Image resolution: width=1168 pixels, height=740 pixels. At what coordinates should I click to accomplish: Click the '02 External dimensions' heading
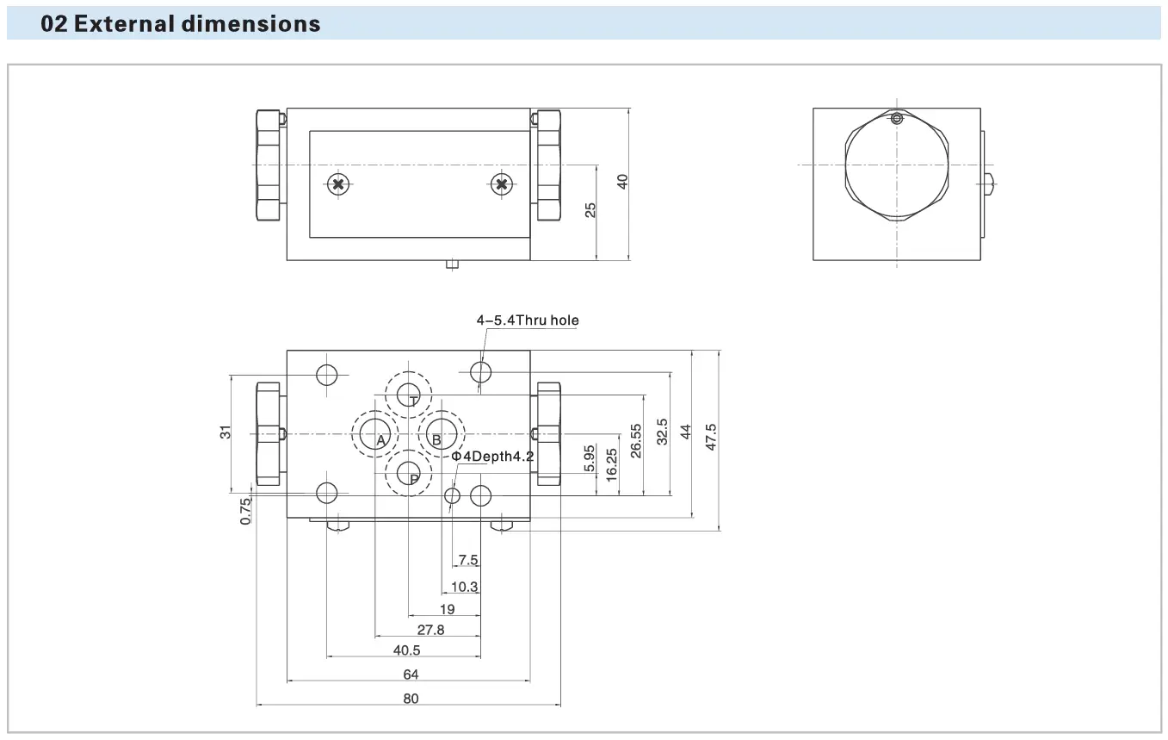pos(181,24)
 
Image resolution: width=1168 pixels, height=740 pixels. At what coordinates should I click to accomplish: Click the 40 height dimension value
pos(623,182)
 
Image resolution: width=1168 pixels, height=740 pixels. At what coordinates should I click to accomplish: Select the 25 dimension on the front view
pos(591,209)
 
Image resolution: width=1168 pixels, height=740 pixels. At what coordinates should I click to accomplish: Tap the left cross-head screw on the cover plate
pos(339,183)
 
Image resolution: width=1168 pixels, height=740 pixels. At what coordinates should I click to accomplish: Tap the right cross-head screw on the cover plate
pos(502,183)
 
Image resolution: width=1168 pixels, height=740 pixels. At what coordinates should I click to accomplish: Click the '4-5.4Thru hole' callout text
pos(528,320)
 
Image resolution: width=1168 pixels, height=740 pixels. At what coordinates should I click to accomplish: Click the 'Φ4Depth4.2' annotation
pos(493,456)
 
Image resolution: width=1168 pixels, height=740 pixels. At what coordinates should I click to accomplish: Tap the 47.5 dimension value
pos(711,437)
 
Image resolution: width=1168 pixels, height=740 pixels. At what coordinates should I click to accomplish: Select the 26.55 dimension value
pos(636,440)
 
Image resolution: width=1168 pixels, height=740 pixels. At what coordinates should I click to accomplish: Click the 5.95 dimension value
pos(590,457)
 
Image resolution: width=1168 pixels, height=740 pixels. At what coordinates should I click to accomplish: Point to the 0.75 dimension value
pos(246,511)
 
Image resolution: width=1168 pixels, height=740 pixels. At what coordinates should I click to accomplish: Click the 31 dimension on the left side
pos(226,432)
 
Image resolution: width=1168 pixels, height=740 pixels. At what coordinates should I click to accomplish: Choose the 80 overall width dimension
pos(411,699)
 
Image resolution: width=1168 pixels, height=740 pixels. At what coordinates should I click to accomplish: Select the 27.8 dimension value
pos(430,630)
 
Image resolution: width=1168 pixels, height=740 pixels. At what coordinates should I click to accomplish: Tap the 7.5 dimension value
pos(468,560)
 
